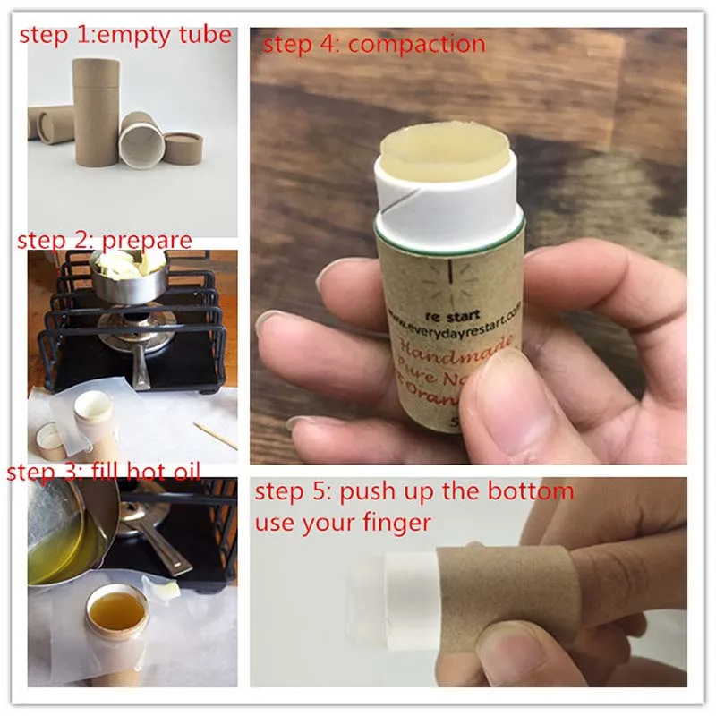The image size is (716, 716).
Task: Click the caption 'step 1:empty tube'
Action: [x=125, y=36]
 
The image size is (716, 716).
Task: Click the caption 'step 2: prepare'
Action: [x=105, y=240]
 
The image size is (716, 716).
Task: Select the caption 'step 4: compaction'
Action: [x=373, y=44]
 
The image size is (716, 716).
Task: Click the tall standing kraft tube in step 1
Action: [x=96, y=116]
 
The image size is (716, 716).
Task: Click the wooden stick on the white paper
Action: [x=215, y=436]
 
